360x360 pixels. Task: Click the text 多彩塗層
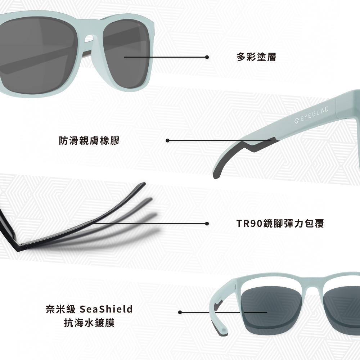pos(256,57)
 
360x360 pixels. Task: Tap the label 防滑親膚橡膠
pos(89,141)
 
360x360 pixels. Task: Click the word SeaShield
pos(106,309)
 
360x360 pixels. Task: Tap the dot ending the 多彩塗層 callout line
pos(207,57)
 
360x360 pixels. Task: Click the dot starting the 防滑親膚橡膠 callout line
pos(167,140)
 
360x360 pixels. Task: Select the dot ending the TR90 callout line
pos(207,224)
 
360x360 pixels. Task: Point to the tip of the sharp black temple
pos(142,184)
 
